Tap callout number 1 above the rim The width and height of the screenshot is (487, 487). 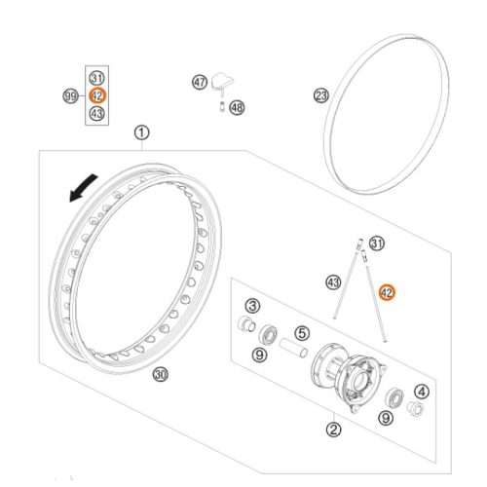(142, 133)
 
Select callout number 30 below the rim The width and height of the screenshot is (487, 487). (161, 375)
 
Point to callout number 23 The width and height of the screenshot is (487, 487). (321, 95)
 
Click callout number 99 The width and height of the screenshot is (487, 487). (70, 96)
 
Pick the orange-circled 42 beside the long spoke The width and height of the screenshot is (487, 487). (387, 293)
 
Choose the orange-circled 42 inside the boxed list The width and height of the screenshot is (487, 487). (97, 95)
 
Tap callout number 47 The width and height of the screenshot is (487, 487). (200, 82)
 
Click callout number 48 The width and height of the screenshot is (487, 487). (237, 107)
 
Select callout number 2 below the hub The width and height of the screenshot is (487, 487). (334, 430)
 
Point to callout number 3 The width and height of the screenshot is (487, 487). (252, 306)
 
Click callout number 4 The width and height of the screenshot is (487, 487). (422, 392)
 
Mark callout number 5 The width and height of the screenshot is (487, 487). (302, 333)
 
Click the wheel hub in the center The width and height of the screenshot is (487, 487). (349, 377)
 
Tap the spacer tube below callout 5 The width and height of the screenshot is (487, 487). (293, 348)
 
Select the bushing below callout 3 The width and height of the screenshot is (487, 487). (246, 323)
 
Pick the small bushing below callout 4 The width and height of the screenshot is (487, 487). (415, 408)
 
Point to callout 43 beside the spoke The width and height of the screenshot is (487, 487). (333, 282)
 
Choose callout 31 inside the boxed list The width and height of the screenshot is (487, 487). (96, 78)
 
